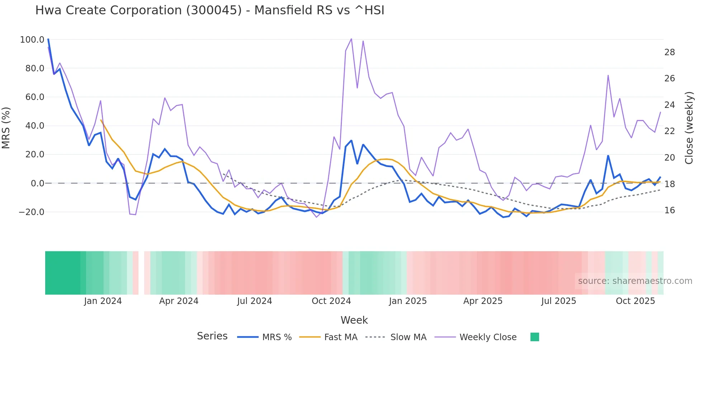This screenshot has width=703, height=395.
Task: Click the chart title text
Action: (x=209, y=10)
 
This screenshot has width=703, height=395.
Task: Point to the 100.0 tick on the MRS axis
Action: (x=32, y=40)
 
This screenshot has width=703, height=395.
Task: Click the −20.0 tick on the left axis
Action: (x=32, y=212)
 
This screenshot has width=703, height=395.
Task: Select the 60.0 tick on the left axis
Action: (x=34, y=97)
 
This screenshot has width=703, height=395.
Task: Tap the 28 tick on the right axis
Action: (x=669, y=52)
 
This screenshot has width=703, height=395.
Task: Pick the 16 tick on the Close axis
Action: (x=669, y=210)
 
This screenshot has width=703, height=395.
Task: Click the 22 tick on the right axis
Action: (x=669, y=131)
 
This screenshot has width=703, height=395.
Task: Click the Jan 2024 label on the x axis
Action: (x=103, y=301)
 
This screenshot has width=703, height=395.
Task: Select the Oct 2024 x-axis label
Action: (x=331, y=301)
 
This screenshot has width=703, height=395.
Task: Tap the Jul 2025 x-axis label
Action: (x=558, y=301)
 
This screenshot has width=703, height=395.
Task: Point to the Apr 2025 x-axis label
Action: (x=483, y=301)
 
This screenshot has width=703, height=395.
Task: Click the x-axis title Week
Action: (x=354, y=320)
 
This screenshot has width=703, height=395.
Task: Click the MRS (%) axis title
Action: (x=6, y=128)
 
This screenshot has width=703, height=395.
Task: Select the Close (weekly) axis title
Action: (x=689, y=128)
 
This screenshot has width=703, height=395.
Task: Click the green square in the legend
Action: (x=534, y=337)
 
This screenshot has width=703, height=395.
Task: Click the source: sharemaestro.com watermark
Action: (x=635, y=281)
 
